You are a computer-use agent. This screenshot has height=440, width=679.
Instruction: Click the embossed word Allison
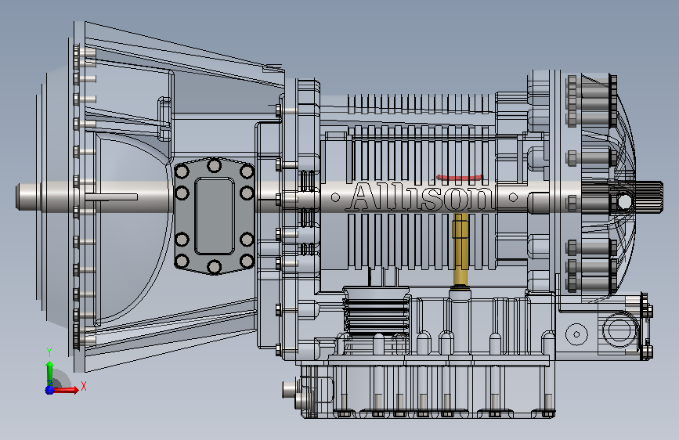coord(421,197)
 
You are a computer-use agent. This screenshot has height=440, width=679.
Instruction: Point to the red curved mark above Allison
coord(460,177)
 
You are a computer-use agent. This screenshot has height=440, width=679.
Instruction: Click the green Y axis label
coord(49,352)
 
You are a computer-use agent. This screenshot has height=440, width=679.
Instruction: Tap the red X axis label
coord(84,386)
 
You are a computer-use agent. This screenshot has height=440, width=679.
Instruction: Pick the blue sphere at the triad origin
coord(50,390)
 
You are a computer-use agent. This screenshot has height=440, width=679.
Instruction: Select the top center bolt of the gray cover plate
coord(215,165)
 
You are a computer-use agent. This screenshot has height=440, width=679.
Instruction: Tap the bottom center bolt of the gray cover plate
coord(215,267)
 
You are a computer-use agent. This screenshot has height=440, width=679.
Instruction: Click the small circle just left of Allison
coord(335,197)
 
